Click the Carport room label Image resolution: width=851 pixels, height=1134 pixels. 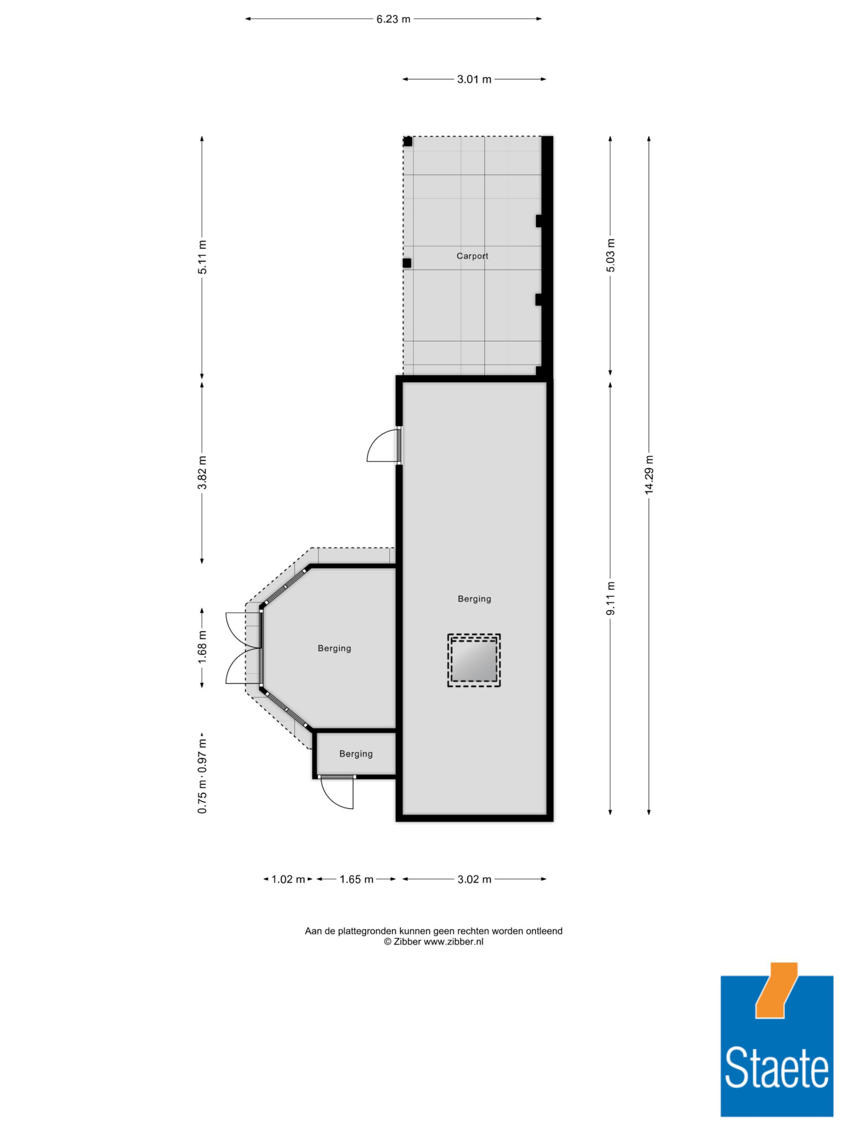(472, 256)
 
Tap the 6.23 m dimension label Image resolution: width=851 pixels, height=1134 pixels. (394, 20)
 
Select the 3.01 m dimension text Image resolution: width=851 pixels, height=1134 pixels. (474, 80)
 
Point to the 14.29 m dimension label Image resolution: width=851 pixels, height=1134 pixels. (649, 474)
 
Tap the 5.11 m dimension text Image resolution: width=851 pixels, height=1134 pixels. (202, 257)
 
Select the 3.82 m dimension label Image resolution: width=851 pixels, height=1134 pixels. (202, 472)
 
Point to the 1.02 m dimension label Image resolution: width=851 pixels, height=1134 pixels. (288, 879)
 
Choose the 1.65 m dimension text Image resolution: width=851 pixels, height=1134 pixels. (356, 879)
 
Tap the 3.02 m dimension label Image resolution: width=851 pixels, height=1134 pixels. (474, 879)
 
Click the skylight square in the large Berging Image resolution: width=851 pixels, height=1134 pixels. (474, 660)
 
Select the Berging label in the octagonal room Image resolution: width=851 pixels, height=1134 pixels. (334, 648)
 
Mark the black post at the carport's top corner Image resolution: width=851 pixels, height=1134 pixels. (407, 141)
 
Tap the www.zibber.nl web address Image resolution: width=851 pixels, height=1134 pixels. (453, 941)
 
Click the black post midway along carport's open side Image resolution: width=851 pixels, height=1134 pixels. (407, 263)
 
